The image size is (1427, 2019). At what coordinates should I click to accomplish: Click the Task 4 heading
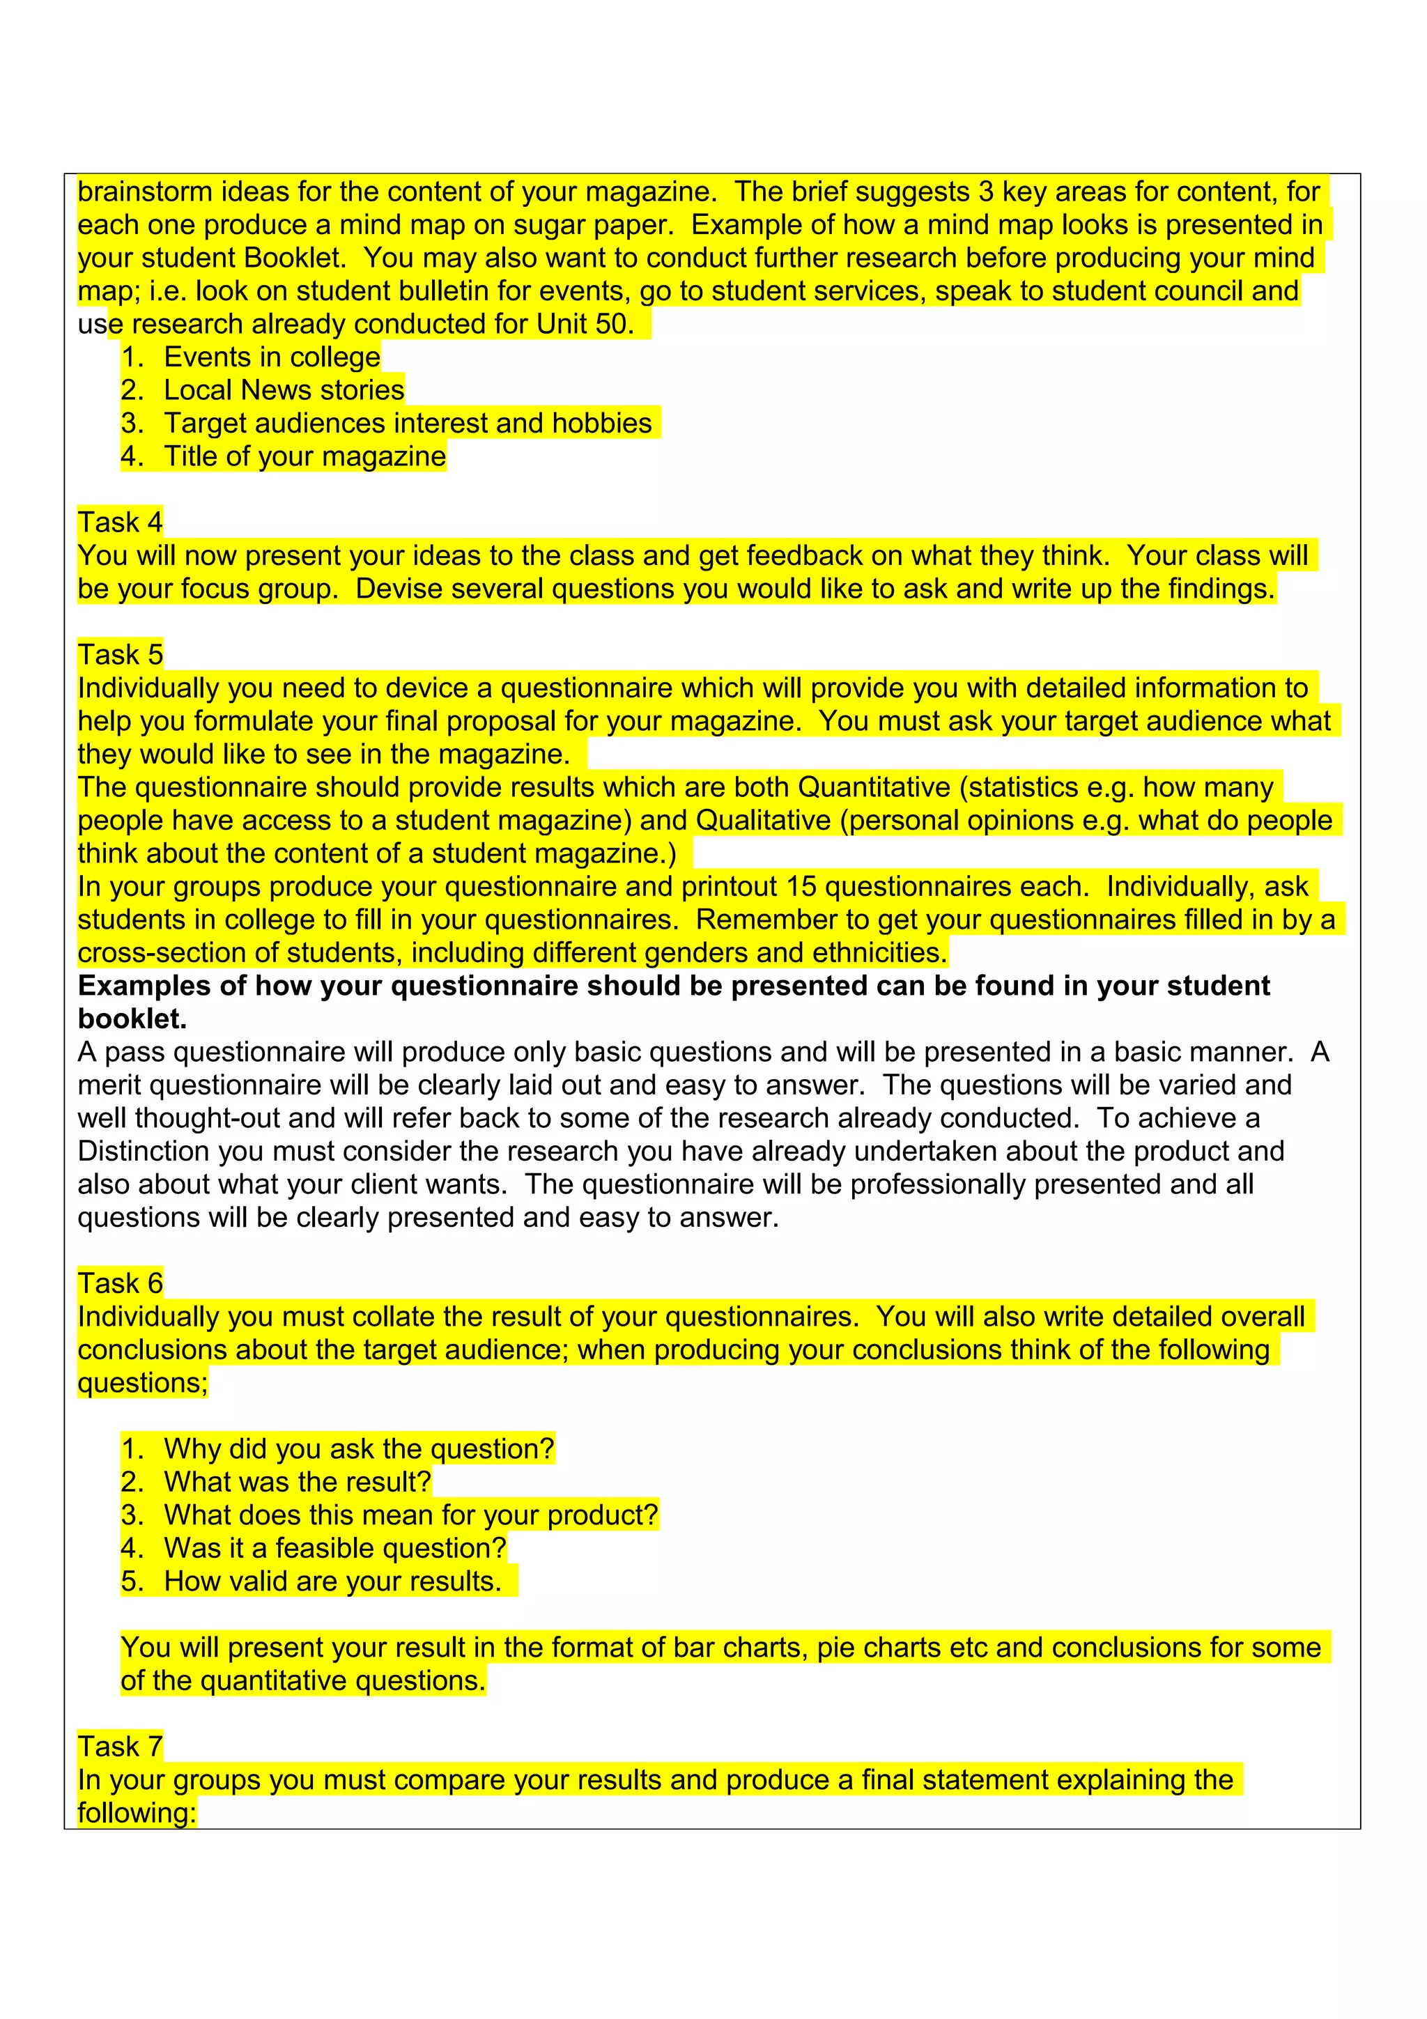(121, 523)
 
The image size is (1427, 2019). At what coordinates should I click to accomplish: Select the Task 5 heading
(121, 654)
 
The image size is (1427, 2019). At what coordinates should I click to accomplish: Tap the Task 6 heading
(121, 1283)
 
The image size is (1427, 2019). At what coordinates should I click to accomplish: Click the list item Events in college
(272, 357)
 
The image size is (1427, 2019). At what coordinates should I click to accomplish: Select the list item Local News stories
(284, 389)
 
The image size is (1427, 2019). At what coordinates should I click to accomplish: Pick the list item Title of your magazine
(305, 456)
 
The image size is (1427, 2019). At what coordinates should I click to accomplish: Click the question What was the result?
(298, 1482)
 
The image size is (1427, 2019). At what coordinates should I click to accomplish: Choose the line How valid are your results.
(332, 1581)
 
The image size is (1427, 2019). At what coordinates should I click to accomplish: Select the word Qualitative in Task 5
(763, 821)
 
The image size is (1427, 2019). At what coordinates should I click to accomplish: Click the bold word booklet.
(132, 1019)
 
